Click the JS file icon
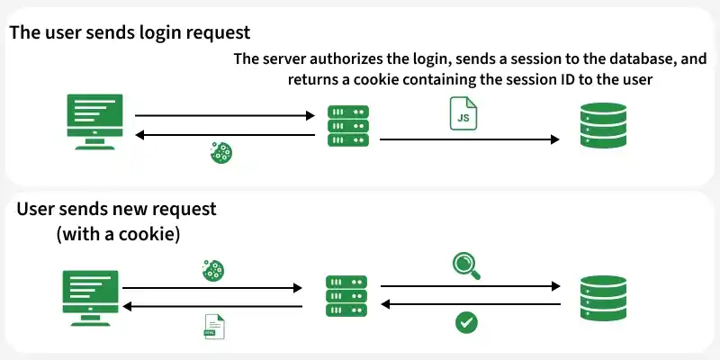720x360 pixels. pyautogui.click(x=463, y=113)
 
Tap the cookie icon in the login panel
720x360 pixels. pyautogui.click(x=220, y=152)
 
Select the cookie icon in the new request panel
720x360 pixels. pyautogui.click(x=213, y=271)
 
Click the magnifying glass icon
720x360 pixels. pyautogui.click(x=466, y=265)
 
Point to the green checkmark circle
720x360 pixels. pyautogui.click(x=466, y=322)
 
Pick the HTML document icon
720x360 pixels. pyautogui.click(x=214, y=327)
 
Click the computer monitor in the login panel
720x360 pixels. pyautogui.click(x=95, y=121)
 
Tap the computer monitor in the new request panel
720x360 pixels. pyautogui.click(x=91, y=298)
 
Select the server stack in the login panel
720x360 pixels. pyautogui.click(x=348, y=126)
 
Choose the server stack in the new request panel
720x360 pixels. pyautogui.click(x=346, y=296)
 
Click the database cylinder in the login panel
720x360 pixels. pyautogui.click(x=603, y=125)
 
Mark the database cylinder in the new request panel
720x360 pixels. pyautogui.click(x=603, y=298)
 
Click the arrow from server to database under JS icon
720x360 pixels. pyautogui.click(x=469, y=139)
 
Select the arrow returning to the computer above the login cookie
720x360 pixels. pyautogui.click(x=225, y=135)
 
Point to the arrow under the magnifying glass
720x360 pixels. pyautogui.click(x=471, y=286)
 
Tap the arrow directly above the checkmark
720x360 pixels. pyautogui.click(x=471, y=304)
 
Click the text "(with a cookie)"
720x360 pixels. pyautogui.click(x=118, y=234)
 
